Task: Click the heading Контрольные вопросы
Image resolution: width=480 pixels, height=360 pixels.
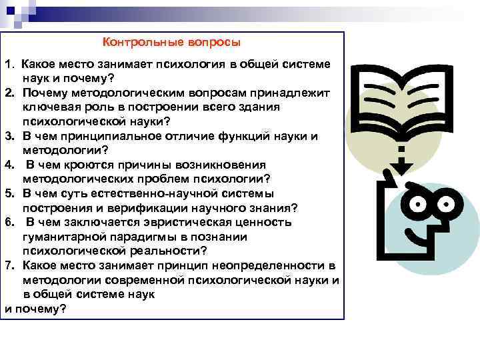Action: point(171,42)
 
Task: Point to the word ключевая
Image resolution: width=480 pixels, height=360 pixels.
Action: point(50,107)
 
